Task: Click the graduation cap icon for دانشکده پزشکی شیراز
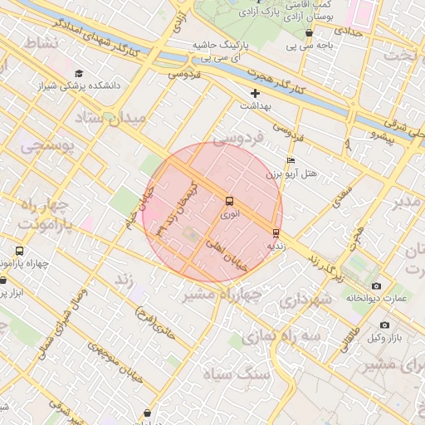(79, 73)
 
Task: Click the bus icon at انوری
(229, 201)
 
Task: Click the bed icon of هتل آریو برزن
(290, 160)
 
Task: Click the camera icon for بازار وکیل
(384, 325)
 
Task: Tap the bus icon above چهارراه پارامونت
(20, 251)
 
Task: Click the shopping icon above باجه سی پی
(310, 33)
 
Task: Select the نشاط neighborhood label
(40, 42)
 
